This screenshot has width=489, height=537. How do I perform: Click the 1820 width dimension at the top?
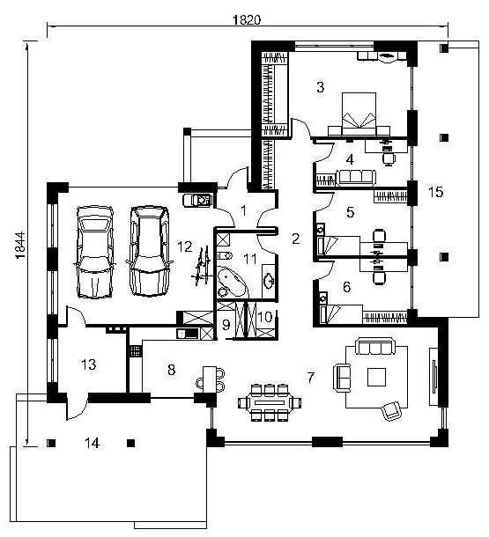tap(247, 20)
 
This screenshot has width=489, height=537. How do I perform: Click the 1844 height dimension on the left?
tap(20, 246)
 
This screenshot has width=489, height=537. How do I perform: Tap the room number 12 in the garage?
tap(185, 246)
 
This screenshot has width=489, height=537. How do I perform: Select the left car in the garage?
tap(94, 252)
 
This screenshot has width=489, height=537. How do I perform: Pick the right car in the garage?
tap(150, 251)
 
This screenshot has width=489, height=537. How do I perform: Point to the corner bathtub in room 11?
tap(232, 282)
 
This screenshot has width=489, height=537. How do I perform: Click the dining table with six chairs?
tap(270, 402)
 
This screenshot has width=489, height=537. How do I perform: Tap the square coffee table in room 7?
tap(376, 377)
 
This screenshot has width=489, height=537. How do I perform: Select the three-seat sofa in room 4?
tap(356, 178)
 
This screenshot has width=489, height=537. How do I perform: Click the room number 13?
tap(89, 364)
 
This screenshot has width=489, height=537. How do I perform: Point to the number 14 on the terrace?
tap(92, 443)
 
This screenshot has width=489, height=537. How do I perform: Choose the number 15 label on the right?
tap(435, 192)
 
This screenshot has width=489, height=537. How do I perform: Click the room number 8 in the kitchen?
tap(171, 370)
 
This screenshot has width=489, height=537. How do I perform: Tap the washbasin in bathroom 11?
tap(269, 281)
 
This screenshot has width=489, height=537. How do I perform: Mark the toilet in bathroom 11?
tap(225, 255)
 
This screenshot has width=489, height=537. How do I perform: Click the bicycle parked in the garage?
tap(202, 265)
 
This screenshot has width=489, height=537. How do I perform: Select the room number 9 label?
tap(226, 325)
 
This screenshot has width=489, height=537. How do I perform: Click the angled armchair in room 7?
tap(391, 410)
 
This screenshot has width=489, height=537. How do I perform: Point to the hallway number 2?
tap(296, 239)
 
